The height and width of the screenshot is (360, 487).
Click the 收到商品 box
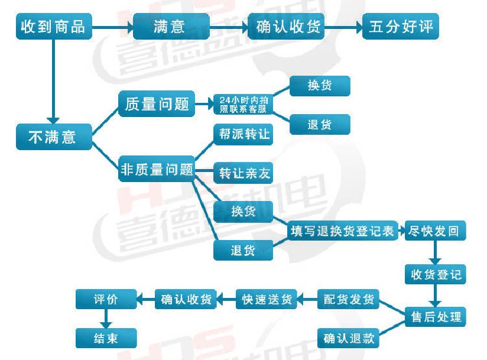tap(53, 27)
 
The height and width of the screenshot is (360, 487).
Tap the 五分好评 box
tap(401, 27)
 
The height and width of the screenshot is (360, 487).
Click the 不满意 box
tap(53, 137)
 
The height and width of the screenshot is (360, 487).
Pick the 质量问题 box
tap(157, 105)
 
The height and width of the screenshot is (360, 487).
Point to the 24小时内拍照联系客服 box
tap(243, 105)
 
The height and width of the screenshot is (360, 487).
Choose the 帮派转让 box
tap(243, 134)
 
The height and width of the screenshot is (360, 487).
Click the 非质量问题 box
tap(157, 170)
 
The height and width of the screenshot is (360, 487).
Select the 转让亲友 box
tap(243, 173)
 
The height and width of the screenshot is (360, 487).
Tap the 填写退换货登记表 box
tap(342, 231)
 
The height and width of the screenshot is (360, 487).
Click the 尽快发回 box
tap(434, 231)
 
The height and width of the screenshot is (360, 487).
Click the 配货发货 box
tap(349, 300)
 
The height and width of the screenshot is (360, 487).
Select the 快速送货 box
tap(267, 300)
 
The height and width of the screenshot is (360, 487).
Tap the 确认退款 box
tap(349, 338)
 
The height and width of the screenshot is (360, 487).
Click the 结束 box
tap(106, 338)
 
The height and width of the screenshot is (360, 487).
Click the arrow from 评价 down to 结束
tap(106, 318)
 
